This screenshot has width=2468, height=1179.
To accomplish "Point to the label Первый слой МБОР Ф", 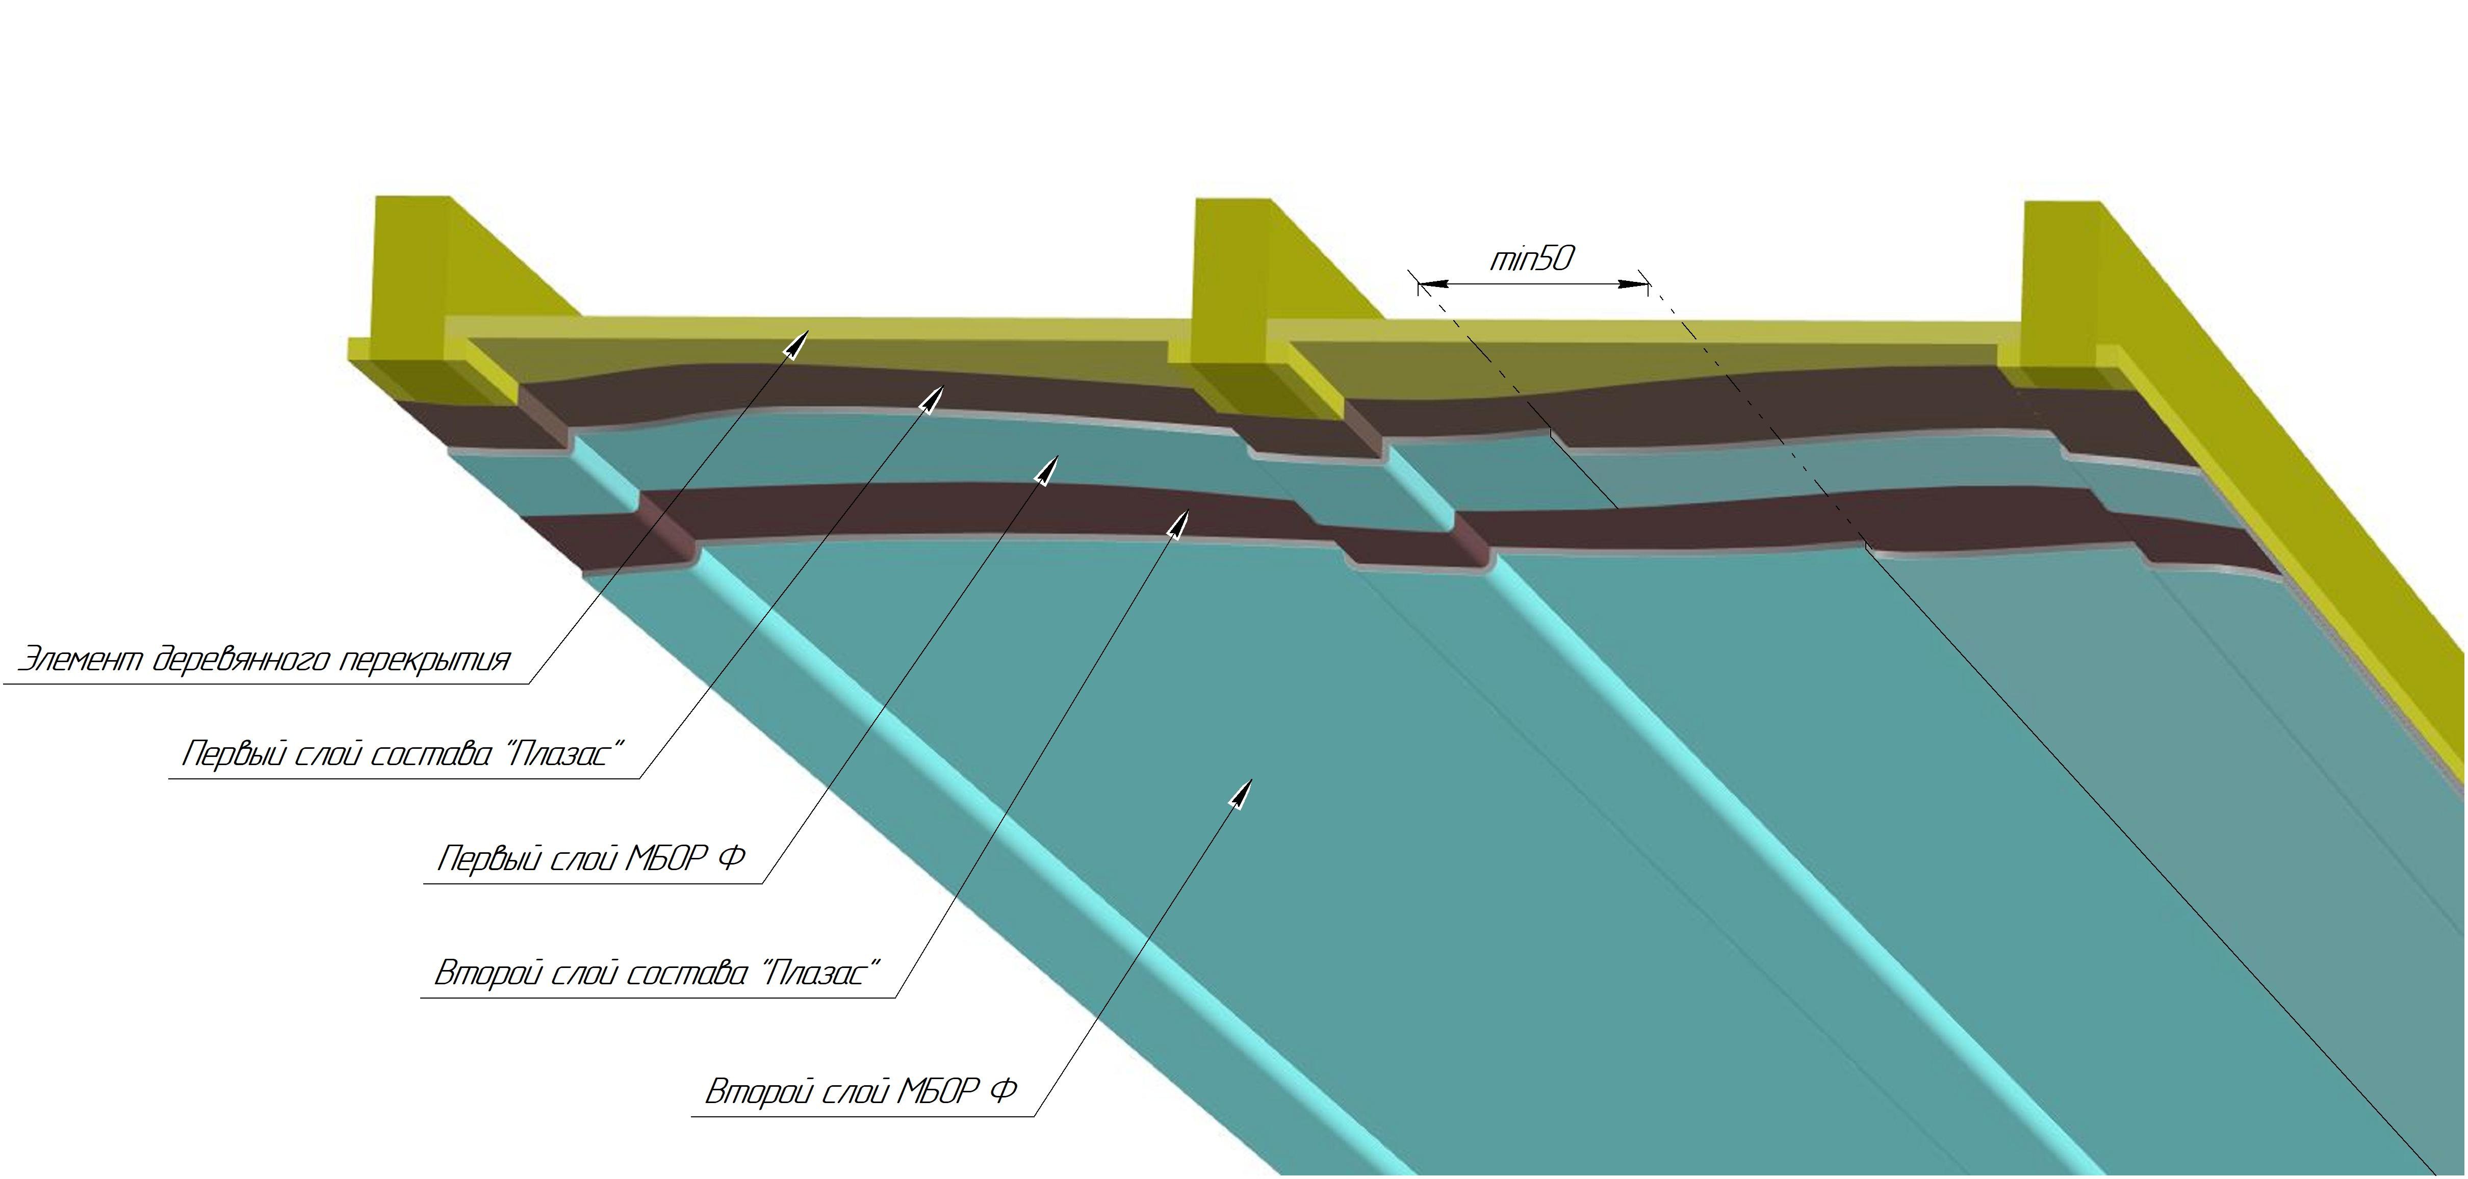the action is point(590,858).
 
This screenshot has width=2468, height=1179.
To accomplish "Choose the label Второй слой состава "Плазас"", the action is point(656,974).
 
